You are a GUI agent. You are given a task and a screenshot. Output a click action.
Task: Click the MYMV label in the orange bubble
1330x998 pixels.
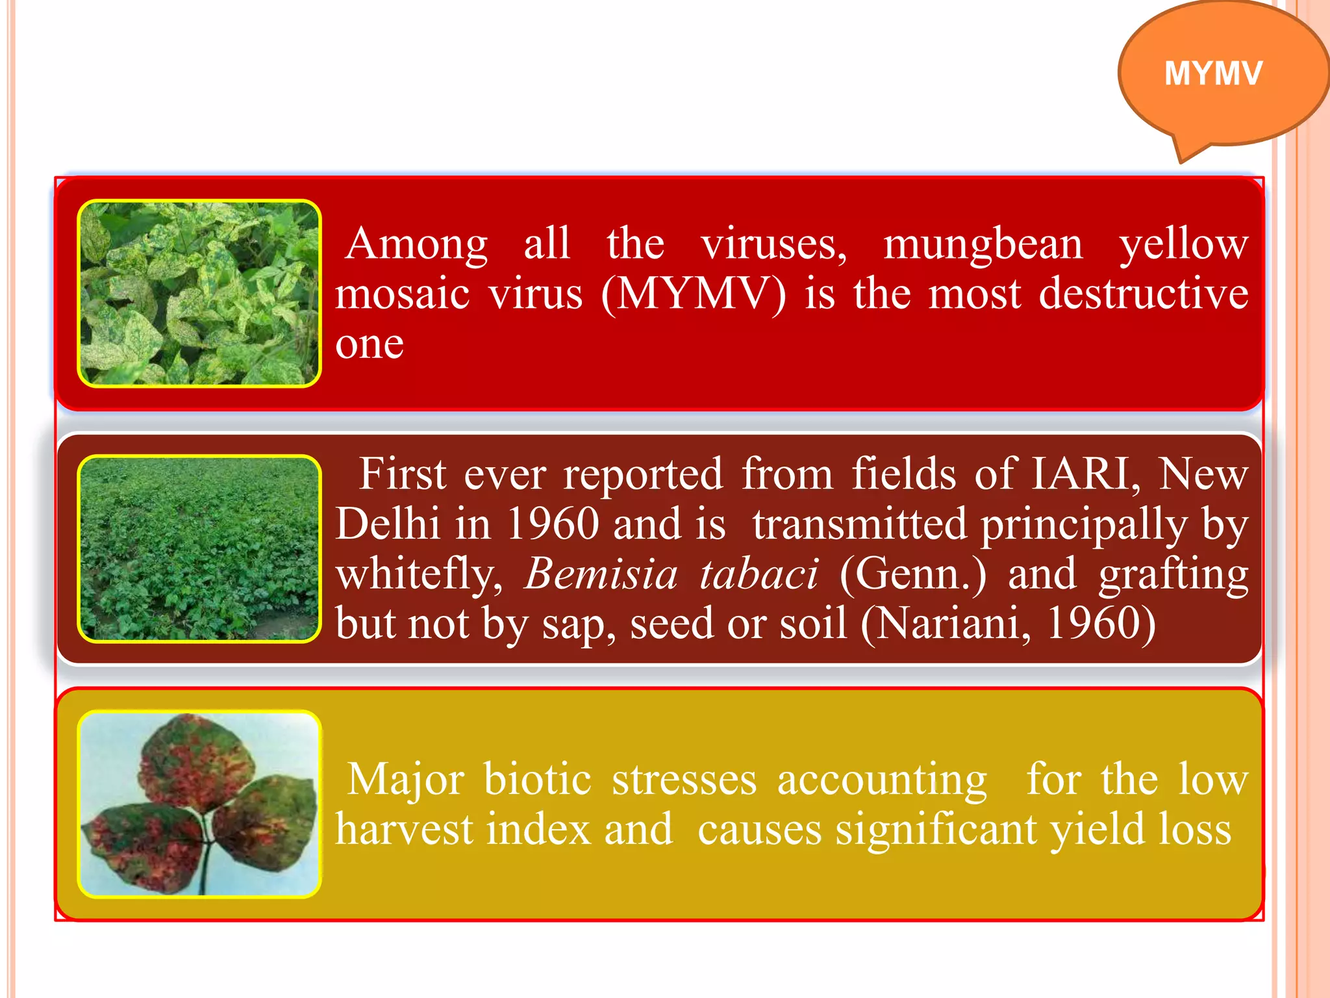(x=1213, y=73)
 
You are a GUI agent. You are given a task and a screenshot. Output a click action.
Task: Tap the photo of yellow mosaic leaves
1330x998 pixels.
(x=199, y=293)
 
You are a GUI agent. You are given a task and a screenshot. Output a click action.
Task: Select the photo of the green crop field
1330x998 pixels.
(x=199, y=548)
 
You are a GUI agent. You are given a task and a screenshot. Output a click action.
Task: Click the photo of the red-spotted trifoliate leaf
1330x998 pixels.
(x=199, y=804)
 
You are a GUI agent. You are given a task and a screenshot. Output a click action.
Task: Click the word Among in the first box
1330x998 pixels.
(x=416, y=244)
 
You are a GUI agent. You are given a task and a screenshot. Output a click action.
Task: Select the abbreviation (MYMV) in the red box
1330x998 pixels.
(x=693, y=294)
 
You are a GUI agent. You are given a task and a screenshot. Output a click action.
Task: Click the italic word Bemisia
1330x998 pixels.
(x=601, y=574)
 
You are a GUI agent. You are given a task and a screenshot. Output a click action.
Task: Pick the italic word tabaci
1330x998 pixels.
(x=759, y=574)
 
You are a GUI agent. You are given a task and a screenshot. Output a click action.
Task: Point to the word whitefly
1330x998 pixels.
(x=419, y=575)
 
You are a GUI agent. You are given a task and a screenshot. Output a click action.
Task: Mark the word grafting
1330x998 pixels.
(x=1173, y=575)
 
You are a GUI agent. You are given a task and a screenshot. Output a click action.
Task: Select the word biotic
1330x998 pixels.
(x=537, y=779)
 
